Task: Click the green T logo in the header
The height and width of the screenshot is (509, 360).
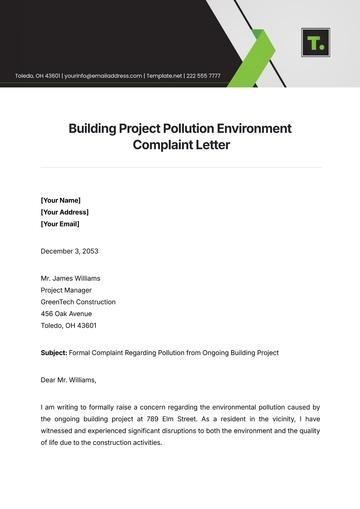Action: [x=315, y=43]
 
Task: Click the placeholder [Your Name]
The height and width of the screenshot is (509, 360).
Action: [x=62, y=199]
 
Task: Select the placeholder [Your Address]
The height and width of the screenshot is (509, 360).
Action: [x=65, y=212]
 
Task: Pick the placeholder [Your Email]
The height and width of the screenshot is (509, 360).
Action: [x=62, y=224]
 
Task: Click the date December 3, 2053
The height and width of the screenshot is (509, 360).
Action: [x=70, y=251]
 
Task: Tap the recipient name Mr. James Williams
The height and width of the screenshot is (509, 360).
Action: [x=71, y=277]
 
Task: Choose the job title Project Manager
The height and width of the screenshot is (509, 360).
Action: [x=67, y=289]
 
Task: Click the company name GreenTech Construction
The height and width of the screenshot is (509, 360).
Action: [x=78, y=302]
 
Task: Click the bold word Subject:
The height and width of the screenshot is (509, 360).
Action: [x=54, y=353]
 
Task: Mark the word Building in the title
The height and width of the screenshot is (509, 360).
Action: [x=96, y=129]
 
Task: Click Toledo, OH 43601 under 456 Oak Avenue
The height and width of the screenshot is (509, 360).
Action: [x=68, y=326]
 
